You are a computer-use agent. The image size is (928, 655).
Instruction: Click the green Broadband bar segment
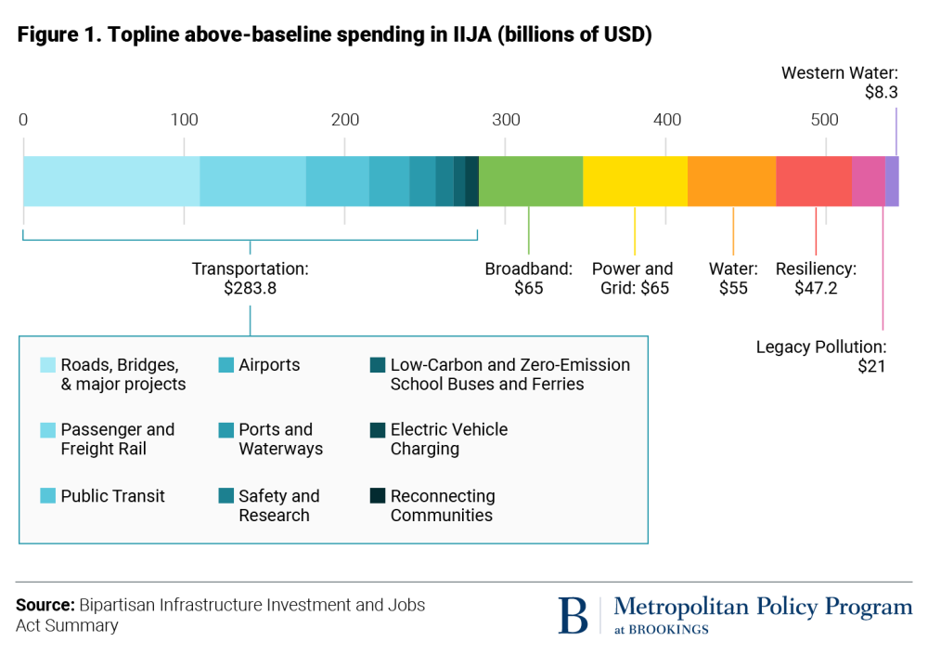tap(531, 181)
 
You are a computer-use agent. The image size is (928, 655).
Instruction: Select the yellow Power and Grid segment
tap(635, 181)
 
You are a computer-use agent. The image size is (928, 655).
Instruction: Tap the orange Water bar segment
tap(731, 181)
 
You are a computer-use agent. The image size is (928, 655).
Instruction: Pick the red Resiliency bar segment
tap(813, 181)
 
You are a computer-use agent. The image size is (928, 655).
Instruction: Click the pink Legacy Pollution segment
tap(868, 181)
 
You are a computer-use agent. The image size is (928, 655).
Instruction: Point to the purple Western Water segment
tap(892, 181)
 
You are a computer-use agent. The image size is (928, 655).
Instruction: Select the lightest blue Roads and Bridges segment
tap(111, 181)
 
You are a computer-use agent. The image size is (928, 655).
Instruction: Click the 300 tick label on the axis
tap(506, 120)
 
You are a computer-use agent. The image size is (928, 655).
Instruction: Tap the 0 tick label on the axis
tap(23, 120)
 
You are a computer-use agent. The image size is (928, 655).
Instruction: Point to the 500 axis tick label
tap(825, 120)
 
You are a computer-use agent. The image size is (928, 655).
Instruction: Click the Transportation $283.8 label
tap(250, 278)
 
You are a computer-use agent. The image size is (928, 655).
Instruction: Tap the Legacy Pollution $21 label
tap(821, 356)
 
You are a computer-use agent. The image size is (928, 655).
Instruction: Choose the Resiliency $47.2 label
tap(816, 278)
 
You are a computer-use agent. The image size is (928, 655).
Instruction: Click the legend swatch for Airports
tap(226, 365)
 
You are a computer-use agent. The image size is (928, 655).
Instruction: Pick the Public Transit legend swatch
tap(48, 496)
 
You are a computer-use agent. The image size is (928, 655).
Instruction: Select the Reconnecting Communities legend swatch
tap(378, 496)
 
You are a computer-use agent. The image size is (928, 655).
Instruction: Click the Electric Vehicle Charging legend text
tap(449, 439)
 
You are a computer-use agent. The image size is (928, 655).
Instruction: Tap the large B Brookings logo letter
tap(574, 615)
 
